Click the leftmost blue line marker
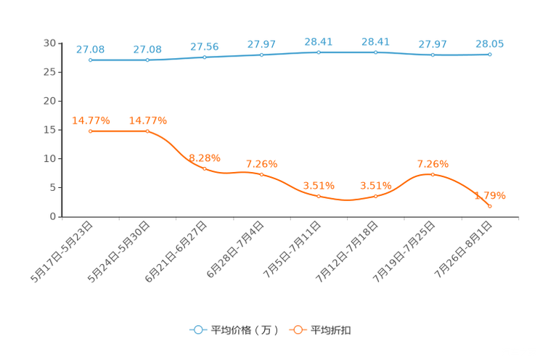pos(90,60)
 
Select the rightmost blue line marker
pos(491,54)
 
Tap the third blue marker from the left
pos(205,57)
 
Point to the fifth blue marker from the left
pos(319,52)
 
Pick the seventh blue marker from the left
pos(433,55)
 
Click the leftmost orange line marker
pos(90,131)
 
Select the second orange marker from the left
pos(147,131)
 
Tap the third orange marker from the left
pos(205,168)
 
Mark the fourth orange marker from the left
pos(262,174)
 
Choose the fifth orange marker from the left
pos(319,196)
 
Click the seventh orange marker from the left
pos(433,174)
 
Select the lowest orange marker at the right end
pos(491,207)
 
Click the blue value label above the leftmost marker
pos(90,49)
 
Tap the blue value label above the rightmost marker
pos(490,44)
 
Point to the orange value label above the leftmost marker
pos(91,120)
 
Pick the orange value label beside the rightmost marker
pos(490,196)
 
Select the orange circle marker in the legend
pos(298,330)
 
